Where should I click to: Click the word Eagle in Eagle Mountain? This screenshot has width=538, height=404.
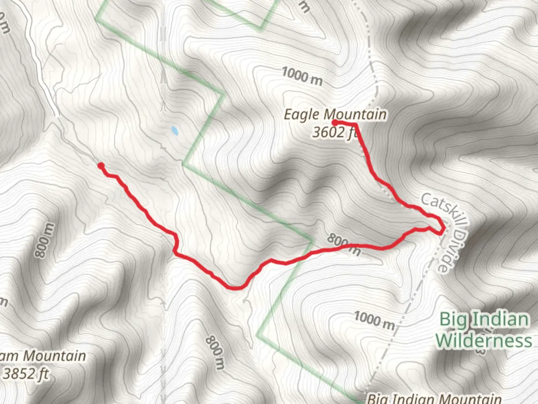(x=302, y=114)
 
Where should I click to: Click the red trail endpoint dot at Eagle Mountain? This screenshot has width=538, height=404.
(x=335, y=123)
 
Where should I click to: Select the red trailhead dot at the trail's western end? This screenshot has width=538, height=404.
(x=101, y=166)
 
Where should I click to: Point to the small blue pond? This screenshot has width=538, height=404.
(x=174, y=131)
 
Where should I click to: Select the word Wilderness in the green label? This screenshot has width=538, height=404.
(x=483, y=340)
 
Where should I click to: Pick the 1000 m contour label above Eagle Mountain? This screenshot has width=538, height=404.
(x=302, y=76)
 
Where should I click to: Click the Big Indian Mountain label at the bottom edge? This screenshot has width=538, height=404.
(x=433, y=398)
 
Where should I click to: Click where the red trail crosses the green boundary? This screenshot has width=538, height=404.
(x=306, y=254)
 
